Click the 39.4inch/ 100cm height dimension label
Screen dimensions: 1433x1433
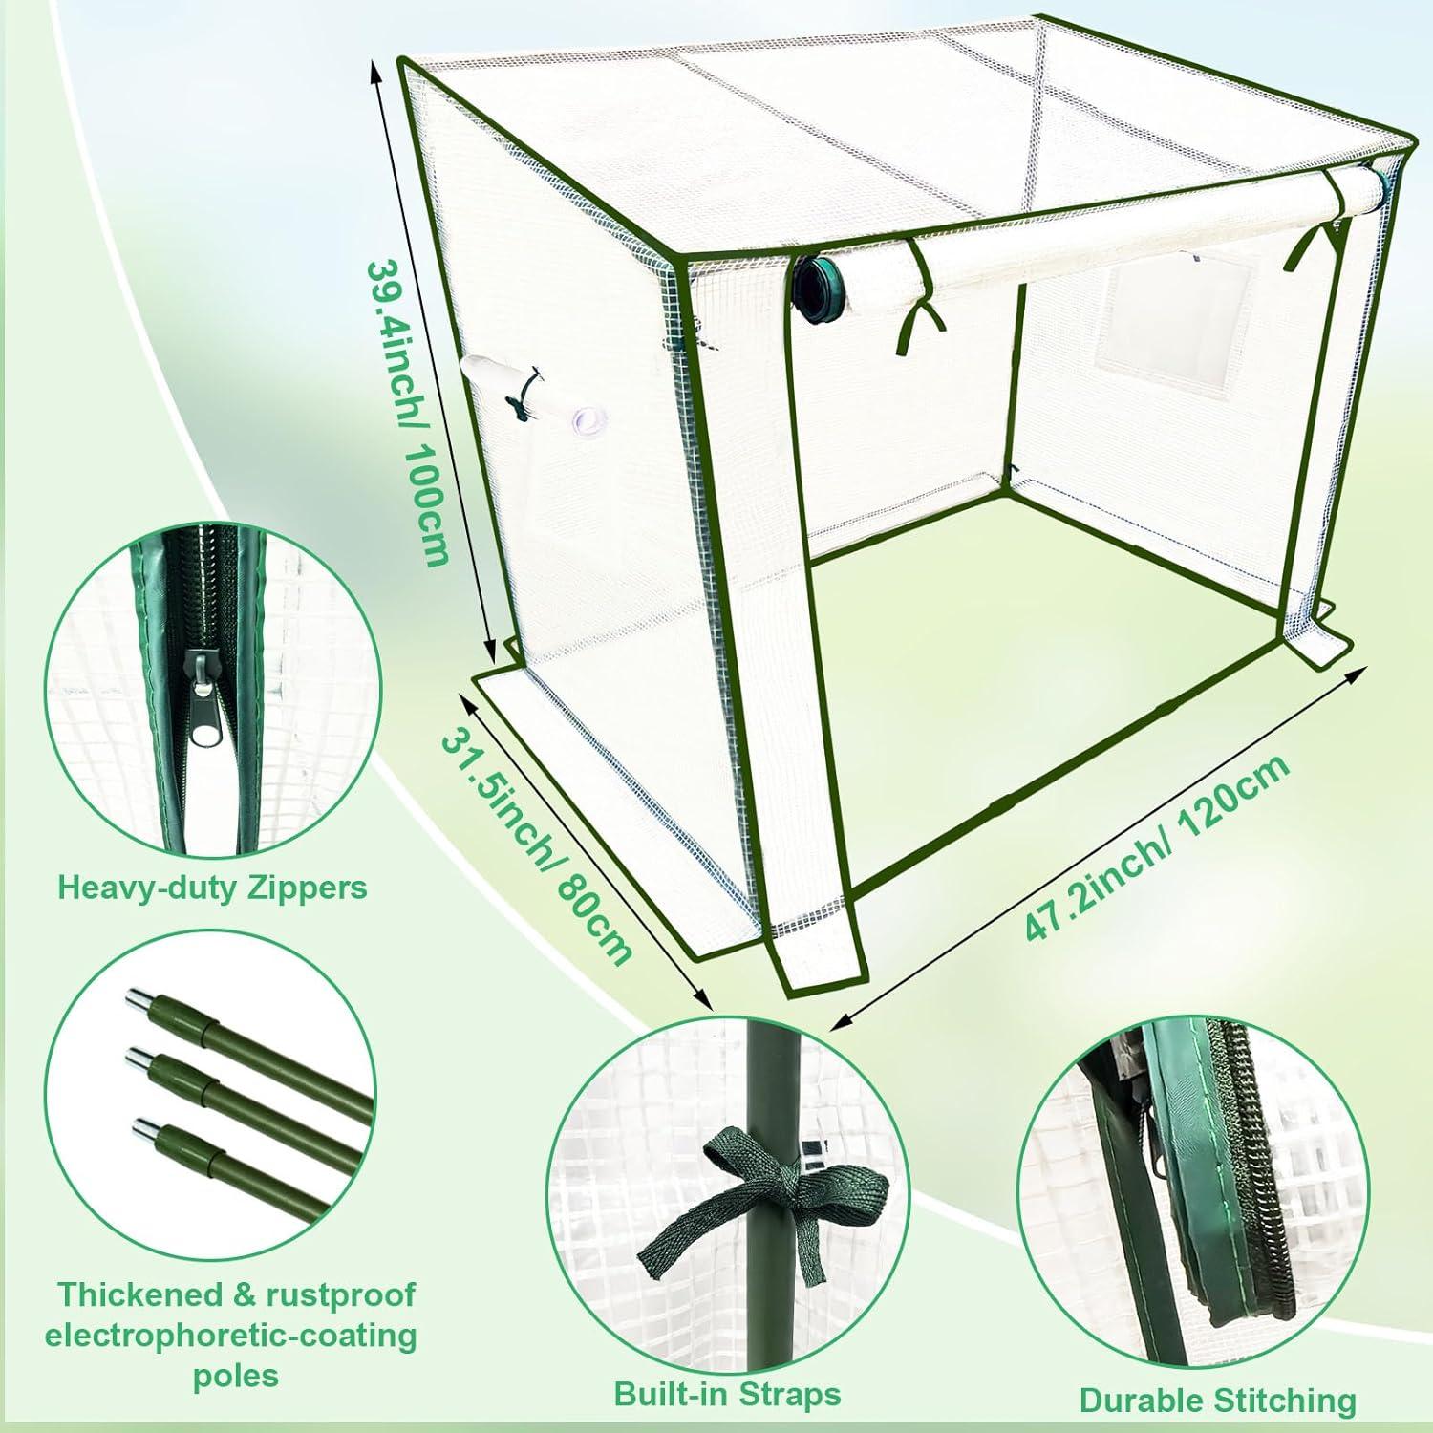408,411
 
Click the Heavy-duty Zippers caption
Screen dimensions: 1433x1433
212,888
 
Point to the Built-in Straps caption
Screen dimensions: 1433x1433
727,1394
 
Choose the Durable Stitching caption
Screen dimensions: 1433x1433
1217,1400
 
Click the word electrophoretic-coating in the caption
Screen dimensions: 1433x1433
230,1335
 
